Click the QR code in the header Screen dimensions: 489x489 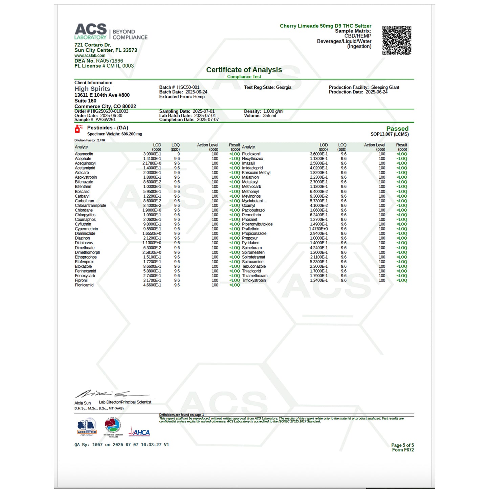point(397,40)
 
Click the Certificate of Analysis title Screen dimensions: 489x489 point(244,70)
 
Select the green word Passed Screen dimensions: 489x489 point(397,129)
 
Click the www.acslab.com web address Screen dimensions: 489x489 point(90,55)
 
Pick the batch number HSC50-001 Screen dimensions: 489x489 point(188,87)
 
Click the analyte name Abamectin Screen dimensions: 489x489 point(84,154)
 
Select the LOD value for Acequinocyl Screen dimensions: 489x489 point(152,163)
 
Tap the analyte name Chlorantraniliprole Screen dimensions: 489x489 point(90,205)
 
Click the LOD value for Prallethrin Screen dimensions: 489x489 point(318,229)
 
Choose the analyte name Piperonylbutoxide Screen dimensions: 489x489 point(257,224)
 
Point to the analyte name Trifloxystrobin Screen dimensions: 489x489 point(254,280)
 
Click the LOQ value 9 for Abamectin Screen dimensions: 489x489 point(178,154)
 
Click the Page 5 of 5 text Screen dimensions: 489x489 point(402,445)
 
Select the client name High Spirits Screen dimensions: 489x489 point(92,89)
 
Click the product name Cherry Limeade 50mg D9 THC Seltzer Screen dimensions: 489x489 point(325,26)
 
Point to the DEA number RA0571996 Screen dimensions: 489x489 point(109,61)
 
